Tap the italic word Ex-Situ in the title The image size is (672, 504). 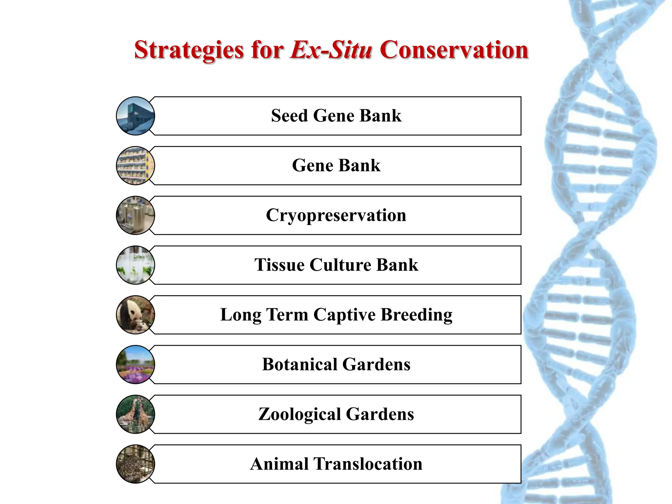point(331,50)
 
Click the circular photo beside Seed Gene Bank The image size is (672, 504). point(136,116)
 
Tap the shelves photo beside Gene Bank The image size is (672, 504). point(136,166)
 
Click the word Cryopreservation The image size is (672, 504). point(336,216)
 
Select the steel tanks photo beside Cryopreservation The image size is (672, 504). point(136,216)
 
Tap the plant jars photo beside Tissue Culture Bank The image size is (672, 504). point(136,265)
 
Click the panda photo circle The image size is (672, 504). point(136,315)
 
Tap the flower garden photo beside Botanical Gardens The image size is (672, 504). point(136,365)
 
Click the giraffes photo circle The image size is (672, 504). point(136,414)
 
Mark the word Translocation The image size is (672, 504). point(368,464)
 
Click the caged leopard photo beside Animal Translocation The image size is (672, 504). point(136,464)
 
